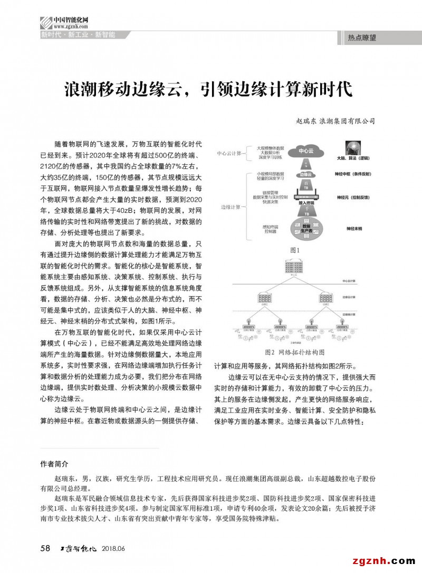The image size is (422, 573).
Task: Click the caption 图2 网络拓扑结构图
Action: tap(294, 352)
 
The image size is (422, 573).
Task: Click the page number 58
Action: tap(45, 548)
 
